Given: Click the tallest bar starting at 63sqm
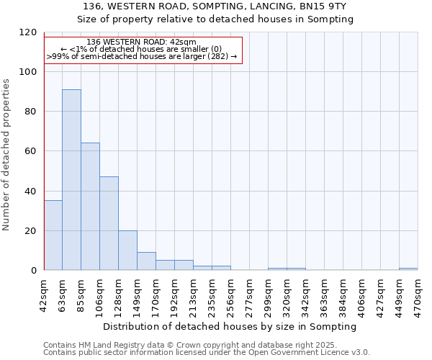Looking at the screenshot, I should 71,180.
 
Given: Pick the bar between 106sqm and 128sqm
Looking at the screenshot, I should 109,223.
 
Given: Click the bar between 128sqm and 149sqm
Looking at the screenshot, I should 127,251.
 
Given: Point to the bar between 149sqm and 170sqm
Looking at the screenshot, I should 146,261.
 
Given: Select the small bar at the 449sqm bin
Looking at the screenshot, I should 408,269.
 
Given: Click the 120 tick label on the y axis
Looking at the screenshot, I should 29,32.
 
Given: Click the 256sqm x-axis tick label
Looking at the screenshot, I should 231,294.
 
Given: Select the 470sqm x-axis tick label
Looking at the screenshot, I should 418,294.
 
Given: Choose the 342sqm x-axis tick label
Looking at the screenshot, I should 306,294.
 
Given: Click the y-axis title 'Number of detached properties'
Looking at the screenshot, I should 6,155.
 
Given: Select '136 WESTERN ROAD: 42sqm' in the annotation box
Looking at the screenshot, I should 140,42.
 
